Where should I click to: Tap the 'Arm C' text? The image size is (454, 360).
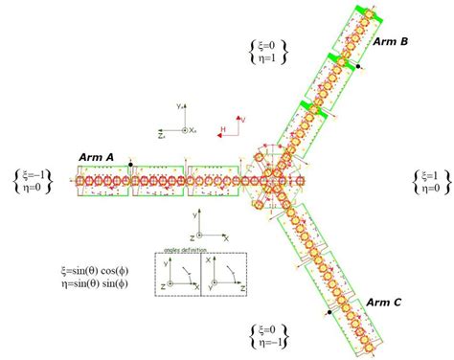[x=384, y=303]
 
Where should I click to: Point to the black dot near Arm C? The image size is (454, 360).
[x=328, y=312]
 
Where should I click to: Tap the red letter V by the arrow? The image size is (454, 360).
[x=242, y=119]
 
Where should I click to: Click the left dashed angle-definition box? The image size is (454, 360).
[x=178, y=275]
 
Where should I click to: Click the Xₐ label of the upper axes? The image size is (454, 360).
[x=193, y=129]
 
